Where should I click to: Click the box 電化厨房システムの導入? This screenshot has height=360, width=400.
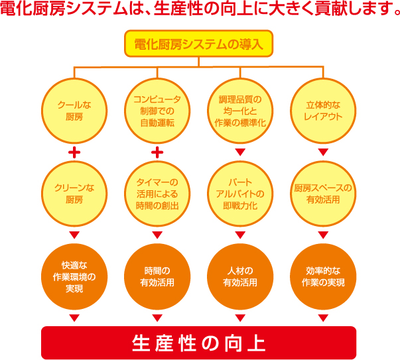tap(199, 46)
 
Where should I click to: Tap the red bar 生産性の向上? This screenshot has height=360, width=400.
tap(199, 343)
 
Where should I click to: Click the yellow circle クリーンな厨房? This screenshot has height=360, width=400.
tap(74, 193)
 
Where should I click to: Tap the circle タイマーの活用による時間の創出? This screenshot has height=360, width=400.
tap(157, 193)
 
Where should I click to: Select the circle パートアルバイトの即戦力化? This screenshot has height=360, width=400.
tap(241, 193)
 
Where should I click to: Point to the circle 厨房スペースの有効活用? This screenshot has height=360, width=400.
tap(323, 193)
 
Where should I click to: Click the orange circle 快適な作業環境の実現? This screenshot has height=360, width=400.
tap(74, 276)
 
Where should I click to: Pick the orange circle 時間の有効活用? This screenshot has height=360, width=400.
tap(157, 276)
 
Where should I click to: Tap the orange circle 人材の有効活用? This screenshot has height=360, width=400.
tap(241, 276)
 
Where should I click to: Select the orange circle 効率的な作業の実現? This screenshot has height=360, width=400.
tap(323, 276)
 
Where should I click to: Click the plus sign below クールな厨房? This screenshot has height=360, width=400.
tap(74, 152)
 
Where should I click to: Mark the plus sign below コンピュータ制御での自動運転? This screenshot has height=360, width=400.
tap(157, 152)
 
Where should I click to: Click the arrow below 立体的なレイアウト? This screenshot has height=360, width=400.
tap(323, 152)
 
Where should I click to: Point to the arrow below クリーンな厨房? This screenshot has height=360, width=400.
tap(74, 235)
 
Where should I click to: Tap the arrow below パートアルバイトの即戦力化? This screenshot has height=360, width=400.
tap(241, 235)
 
